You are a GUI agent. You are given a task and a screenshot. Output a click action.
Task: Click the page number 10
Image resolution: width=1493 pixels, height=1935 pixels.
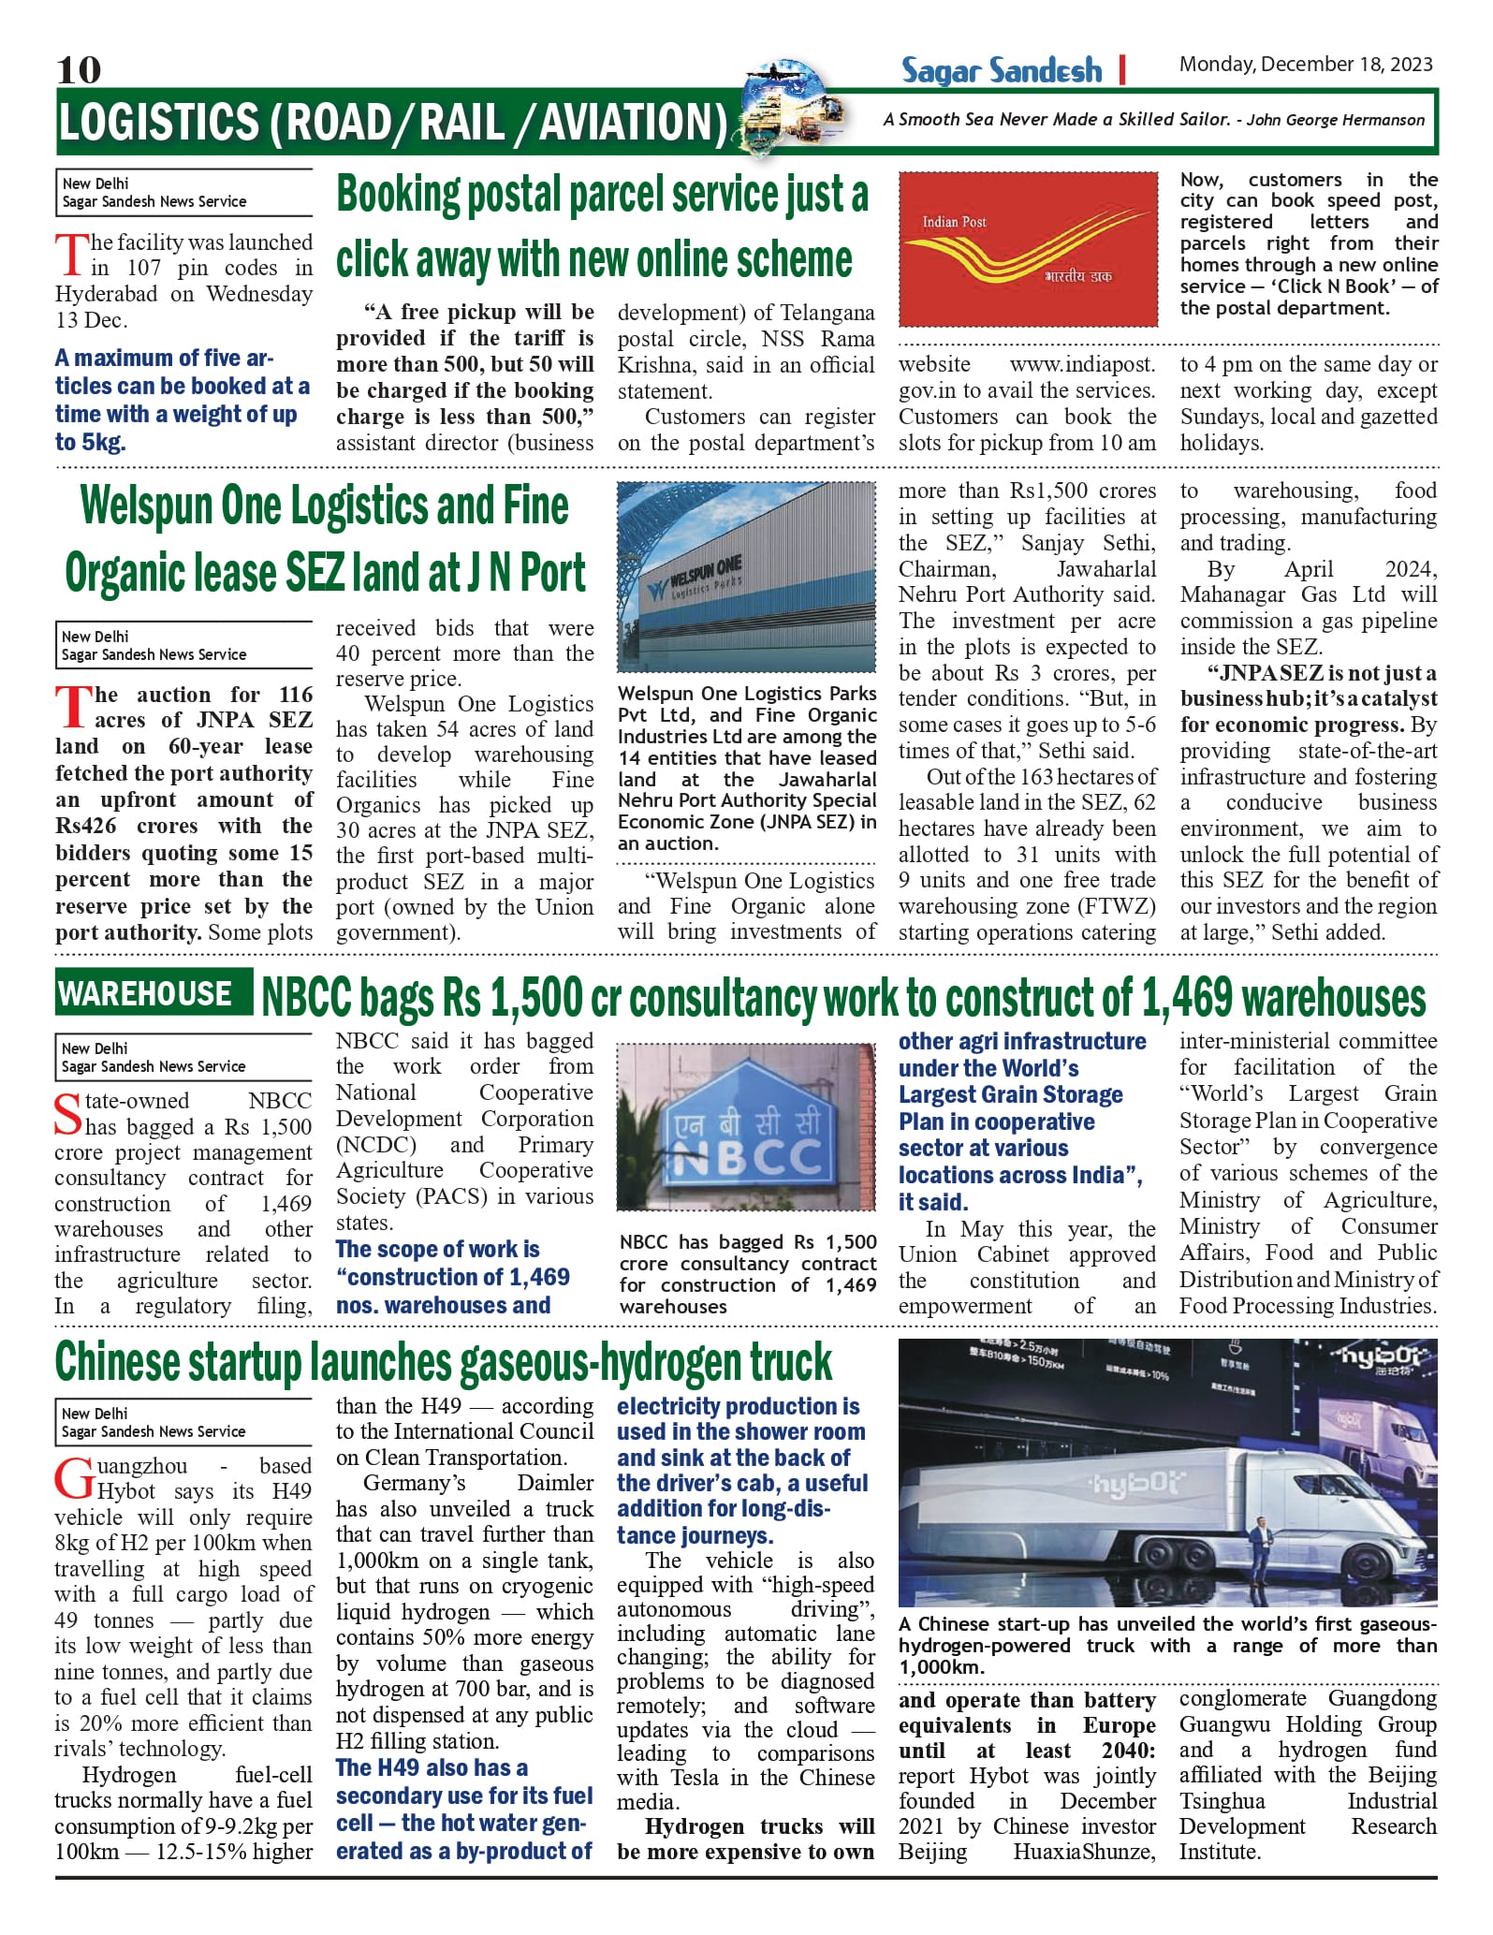79,69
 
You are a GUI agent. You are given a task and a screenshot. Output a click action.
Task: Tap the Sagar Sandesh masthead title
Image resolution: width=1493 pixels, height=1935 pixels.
1001,70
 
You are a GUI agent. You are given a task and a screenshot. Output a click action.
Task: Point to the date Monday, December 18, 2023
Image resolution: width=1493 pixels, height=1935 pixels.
1306,64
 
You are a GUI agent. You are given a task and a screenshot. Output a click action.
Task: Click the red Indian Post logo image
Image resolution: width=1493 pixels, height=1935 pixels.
1028,248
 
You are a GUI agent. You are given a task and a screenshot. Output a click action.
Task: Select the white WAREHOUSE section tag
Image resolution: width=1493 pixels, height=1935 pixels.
145,993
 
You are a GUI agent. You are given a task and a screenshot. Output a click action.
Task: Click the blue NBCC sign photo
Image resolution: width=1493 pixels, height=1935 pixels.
747,1127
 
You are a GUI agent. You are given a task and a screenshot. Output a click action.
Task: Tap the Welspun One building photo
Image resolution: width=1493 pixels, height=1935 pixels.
746,577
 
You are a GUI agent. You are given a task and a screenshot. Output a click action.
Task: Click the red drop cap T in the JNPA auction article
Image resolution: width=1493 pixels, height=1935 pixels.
72,708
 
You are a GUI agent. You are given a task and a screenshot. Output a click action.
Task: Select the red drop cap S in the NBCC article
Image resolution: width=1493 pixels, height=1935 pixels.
67,1114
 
